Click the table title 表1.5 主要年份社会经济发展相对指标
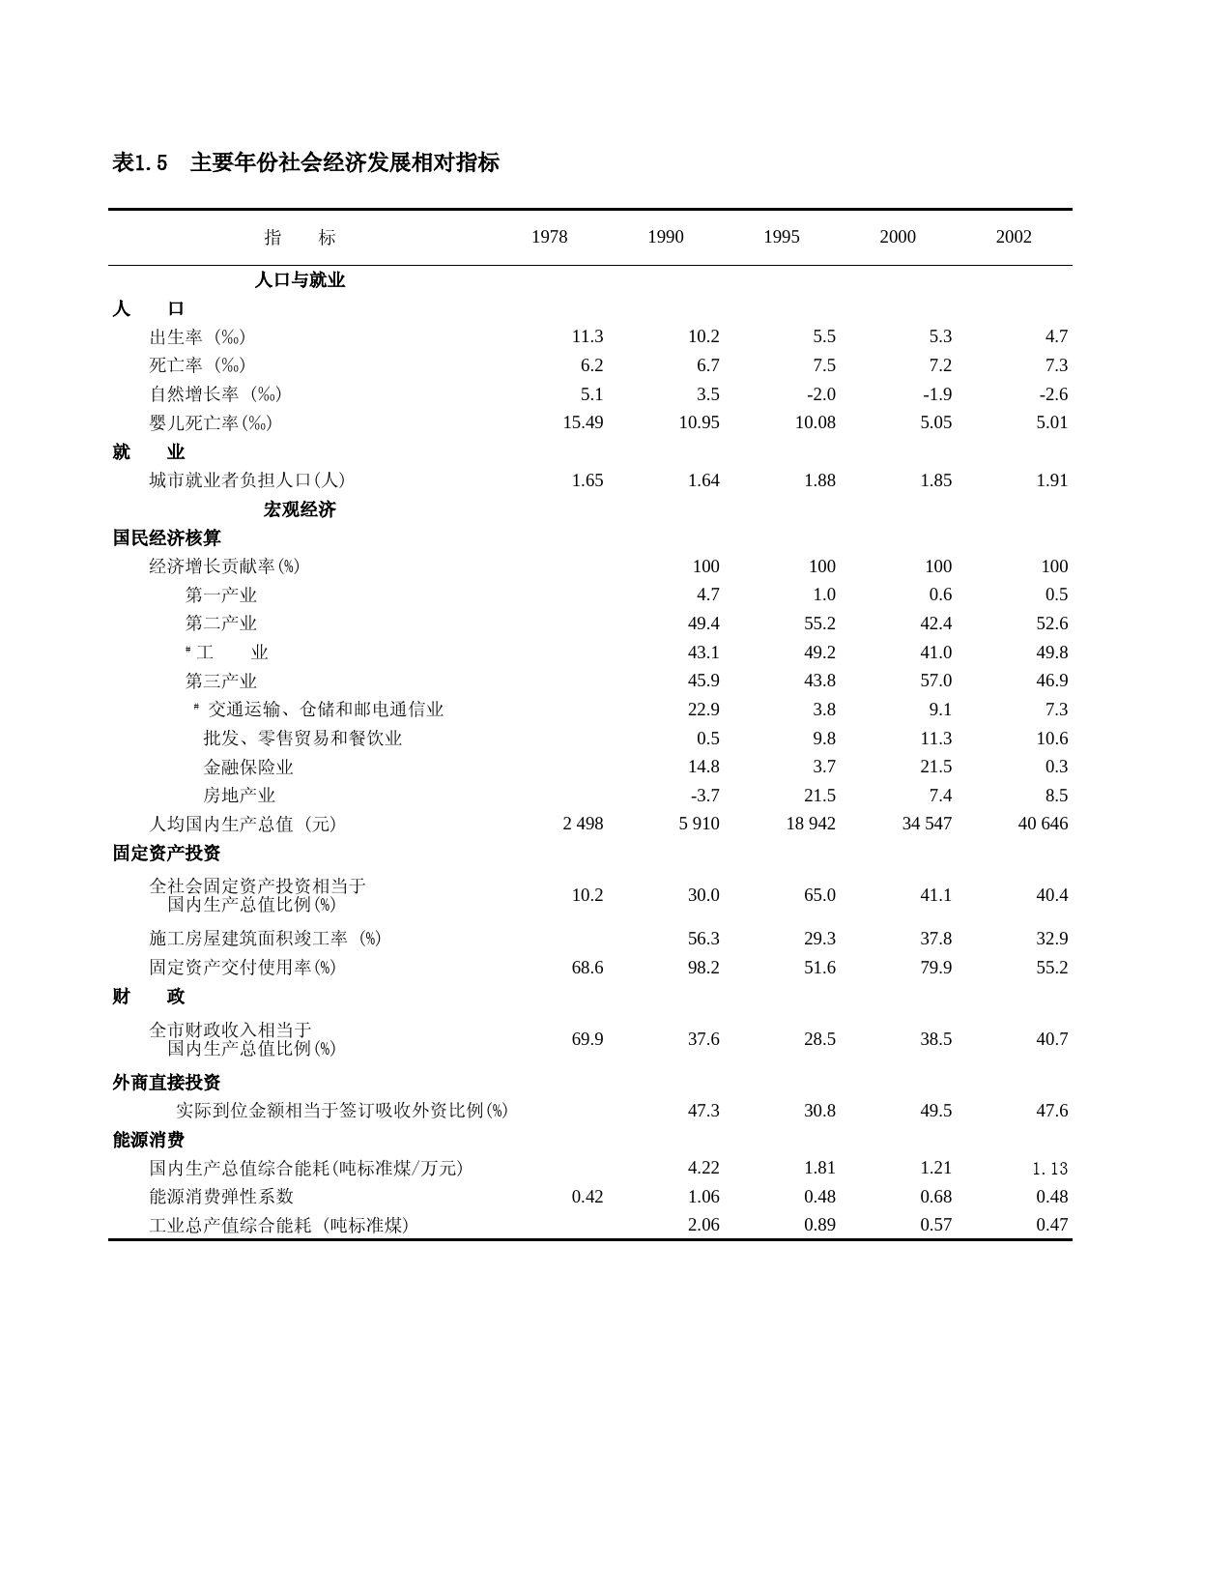pos(305,162)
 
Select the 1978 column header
pos(549,237)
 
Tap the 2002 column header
pos(1014,237)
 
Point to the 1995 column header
pos(781,237)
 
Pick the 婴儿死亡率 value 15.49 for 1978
pos(583,422)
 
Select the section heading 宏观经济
pos(300,509)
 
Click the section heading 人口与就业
pos(300,280)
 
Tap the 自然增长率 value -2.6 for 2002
pos(1053,394)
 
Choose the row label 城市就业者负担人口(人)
pos(246,480)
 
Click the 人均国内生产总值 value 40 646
pos(1043,824)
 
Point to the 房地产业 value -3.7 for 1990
pos(703,796)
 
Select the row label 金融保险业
pos(248,767)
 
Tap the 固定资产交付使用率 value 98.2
pos(703,968)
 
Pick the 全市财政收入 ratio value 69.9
pos(587,1039)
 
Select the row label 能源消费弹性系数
pos(221,1197)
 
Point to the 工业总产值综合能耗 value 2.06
pos(703,1225)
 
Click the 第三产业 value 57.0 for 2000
pos(935,681)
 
